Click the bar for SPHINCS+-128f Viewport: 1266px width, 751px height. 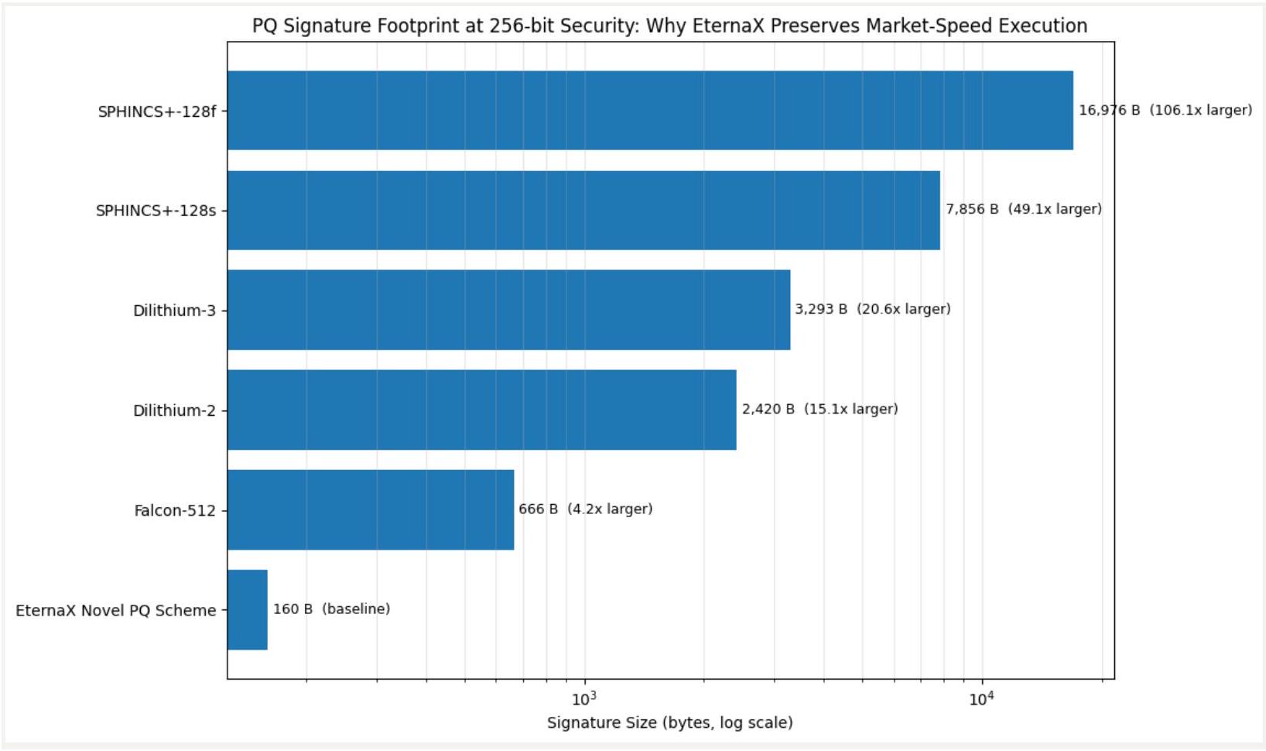650,110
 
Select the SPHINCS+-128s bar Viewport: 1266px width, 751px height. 583,210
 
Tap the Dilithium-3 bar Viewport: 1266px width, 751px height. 508,310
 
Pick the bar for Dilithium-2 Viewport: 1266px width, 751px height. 481,410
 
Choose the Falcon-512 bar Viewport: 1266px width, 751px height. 371,509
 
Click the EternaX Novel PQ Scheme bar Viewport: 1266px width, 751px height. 248,610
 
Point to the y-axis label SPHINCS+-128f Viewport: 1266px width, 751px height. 157,111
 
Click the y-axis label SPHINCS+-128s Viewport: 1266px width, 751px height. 156,211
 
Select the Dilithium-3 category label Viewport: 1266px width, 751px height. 174,310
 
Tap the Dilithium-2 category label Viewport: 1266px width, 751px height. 174,410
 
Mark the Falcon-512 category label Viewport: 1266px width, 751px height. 175,511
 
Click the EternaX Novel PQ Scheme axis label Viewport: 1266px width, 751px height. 116,611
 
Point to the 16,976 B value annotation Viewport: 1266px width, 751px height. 1165,110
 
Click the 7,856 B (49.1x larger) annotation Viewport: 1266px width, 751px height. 1023,209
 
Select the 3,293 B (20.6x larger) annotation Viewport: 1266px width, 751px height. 872,309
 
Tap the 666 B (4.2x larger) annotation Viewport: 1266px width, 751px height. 585,509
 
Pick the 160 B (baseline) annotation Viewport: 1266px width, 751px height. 331,609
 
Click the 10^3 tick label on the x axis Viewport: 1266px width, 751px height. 584,698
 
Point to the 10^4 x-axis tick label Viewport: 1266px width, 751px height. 981,698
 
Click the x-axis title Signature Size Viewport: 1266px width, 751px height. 669,723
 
